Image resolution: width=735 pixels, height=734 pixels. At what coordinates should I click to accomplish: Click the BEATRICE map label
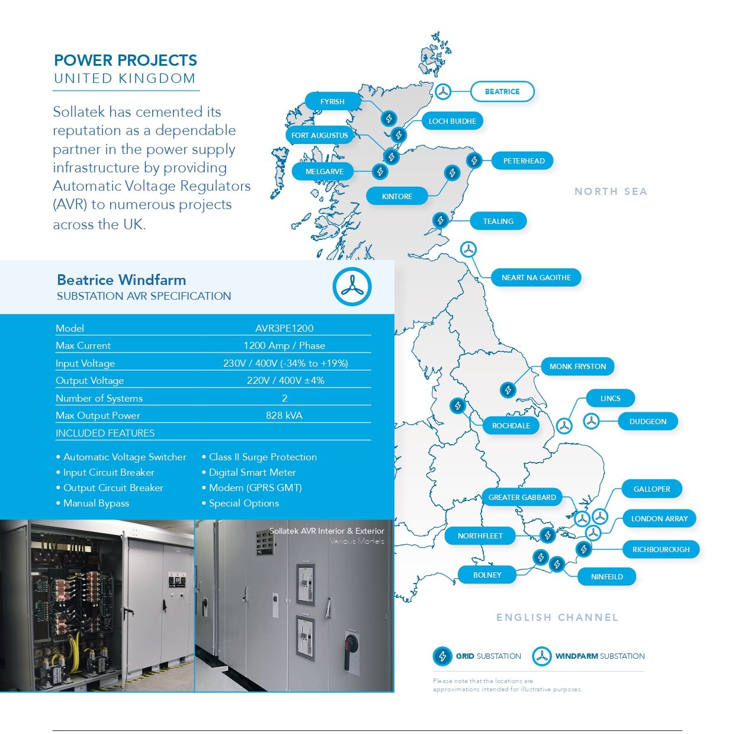[x=502, y=92]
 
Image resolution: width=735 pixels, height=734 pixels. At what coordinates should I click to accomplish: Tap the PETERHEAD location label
[x=523, y=161]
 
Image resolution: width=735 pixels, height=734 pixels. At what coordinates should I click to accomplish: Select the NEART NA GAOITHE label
[x=535, y=277]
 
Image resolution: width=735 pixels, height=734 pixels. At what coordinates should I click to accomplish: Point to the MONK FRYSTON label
[x=577, y=367]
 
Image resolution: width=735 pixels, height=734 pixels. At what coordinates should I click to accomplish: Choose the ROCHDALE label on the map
[x=511, y=425]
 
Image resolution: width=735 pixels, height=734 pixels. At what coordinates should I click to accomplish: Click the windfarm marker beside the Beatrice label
[x=442, y=92]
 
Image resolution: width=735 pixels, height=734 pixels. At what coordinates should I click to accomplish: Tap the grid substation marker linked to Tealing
[x=441, y=220]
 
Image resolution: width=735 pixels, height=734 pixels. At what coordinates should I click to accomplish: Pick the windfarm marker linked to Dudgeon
[x=591, y=421]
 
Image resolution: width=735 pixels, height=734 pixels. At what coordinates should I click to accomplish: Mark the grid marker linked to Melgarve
[x=380, y=171]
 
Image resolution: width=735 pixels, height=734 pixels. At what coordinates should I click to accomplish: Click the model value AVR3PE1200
[x=284, y=328]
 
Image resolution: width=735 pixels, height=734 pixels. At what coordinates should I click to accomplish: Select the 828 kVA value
[x=284, y=415]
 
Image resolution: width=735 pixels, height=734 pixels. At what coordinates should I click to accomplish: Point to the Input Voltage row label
[x=85, y=363]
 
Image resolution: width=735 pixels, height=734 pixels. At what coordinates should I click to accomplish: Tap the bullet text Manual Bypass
[x=96, y=503]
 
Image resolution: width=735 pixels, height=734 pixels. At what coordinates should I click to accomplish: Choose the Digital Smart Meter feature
[x=252, y=473]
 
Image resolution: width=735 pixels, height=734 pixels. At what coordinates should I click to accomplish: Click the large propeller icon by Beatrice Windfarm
[x=352, y=287]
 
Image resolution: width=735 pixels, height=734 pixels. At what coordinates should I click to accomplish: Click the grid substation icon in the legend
[x=442, y=656]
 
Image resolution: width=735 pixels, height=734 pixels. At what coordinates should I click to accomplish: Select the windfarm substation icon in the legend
[x=541, y=656]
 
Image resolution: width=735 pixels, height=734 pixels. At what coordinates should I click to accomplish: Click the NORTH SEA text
[x=611, y=191]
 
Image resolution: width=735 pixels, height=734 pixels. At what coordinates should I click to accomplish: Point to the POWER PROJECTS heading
[x=126, y=60]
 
